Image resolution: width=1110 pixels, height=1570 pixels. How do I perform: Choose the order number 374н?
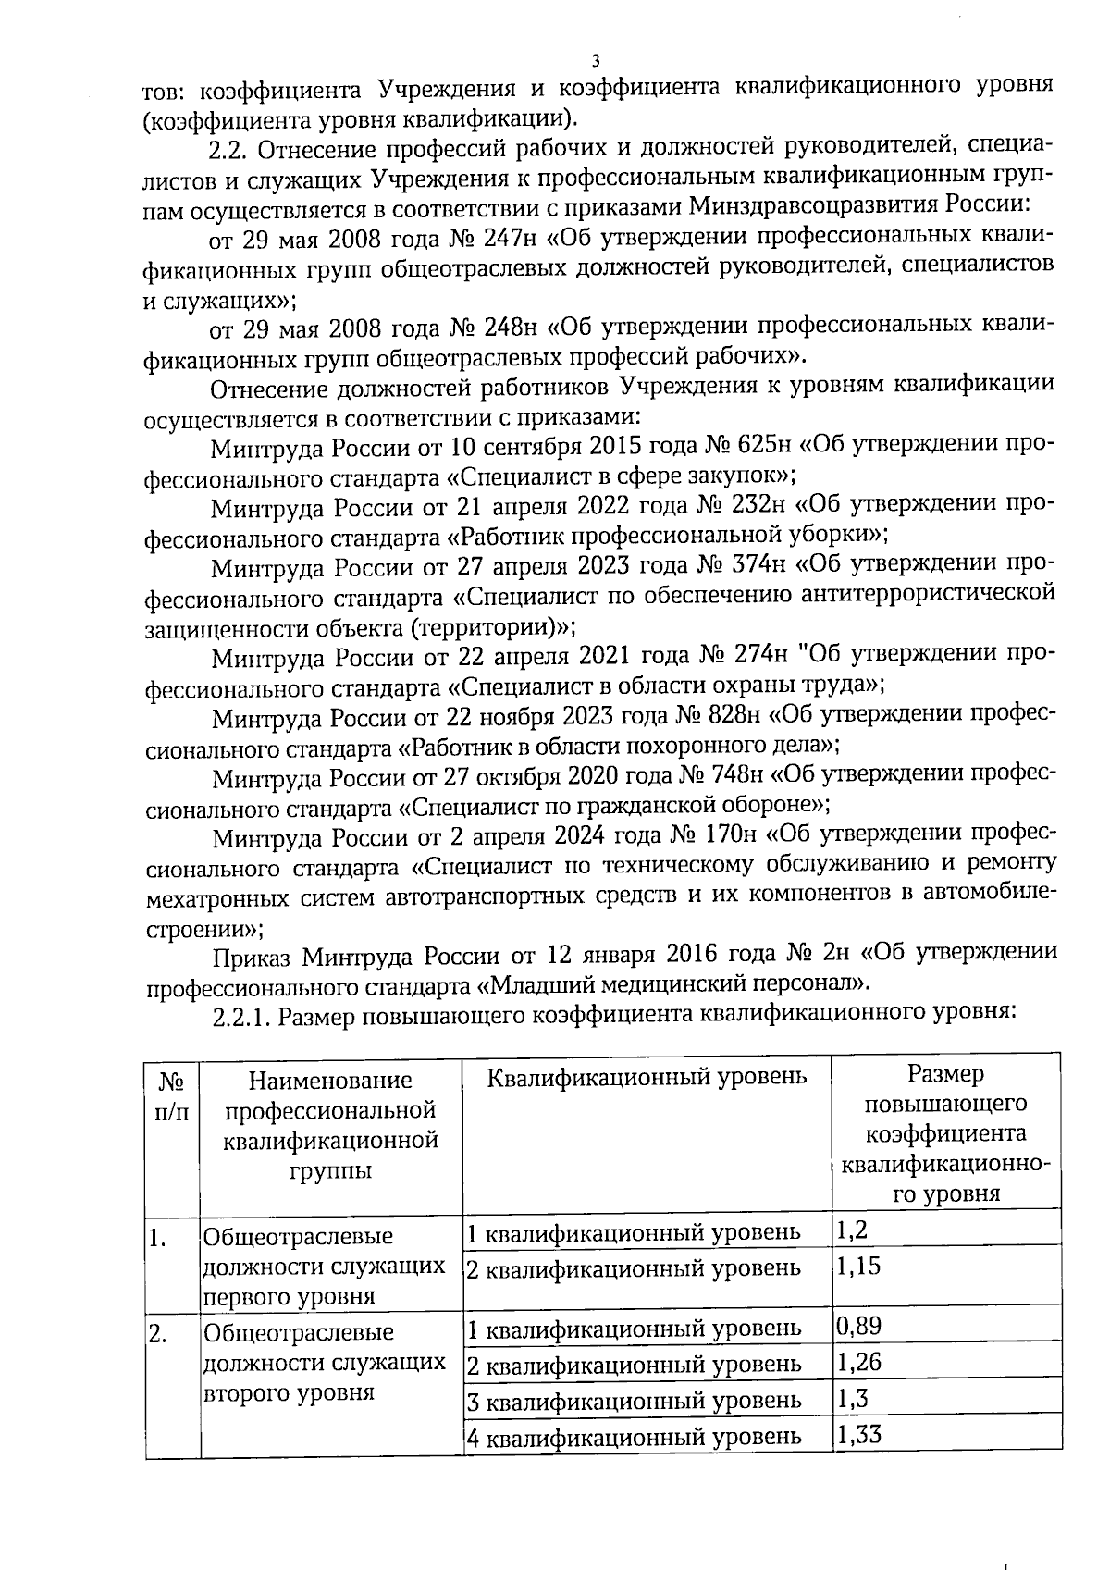click(759, 564)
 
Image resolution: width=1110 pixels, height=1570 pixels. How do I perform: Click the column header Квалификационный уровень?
click(646, 1076)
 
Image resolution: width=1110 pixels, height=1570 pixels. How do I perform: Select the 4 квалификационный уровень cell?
click(634, 1437)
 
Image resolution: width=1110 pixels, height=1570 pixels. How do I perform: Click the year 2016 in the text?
click(691, 953)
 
